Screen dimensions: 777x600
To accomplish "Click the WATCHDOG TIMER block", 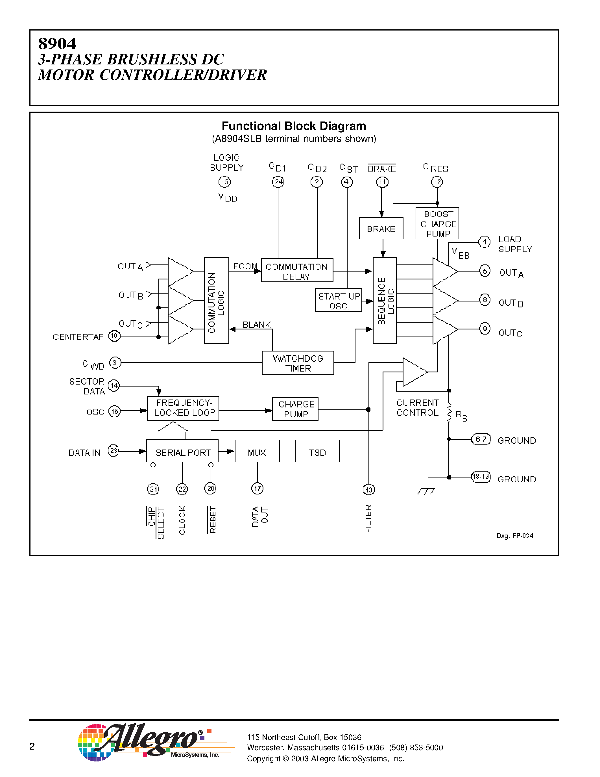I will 298,363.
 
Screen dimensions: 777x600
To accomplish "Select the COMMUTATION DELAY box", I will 297,270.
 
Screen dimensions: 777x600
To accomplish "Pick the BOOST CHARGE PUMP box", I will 437,223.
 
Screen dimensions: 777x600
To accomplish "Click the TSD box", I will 317,451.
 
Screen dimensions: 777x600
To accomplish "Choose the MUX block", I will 257,451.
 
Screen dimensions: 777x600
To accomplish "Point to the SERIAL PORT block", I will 182,451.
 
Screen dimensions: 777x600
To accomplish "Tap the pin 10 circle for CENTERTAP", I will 114,336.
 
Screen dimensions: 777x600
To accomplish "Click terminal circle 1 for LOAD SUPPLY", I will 485,242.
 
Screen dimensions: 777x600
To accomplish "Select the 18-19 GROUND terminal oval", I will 481,477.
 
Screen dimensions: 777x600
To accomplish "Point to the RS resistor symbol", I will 449,413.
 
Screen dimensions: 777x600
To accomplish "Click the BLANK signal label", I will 257,325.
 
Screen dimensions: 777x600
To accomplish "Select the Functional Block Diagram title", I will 294,126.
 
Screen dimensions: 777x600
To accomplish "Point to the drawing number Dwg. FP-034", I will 515,536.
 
